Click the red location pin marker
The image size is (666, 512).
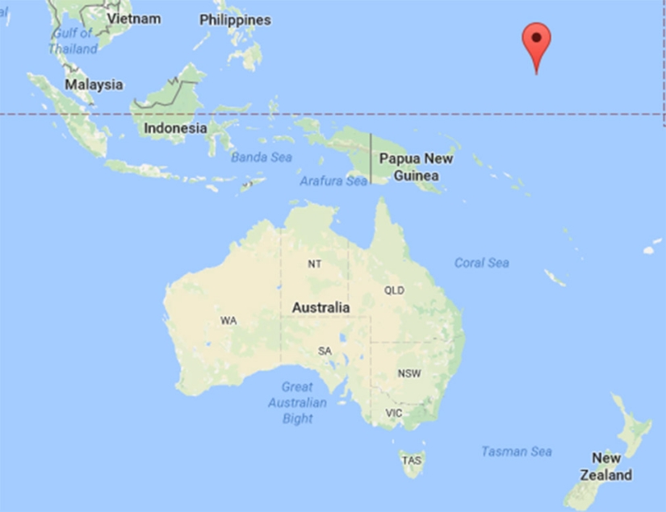[x=537, y=40]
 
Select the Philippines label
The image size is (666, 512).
[x=235, y=19]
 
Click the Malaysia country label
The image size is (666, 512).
[x=94, y=84]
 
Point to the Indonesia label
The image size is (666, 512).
[x=175, y=128]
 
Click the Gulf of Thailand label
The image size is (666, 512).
[x=73, y=41]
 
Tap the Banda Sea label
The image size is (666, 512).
[x=262, y=157]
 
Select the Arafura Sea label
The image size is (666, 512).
[x=333, y=181]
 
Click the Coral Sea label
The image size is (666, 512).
[x=482, y=263]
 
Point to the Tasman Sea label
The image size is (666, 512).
[x=517, y=452]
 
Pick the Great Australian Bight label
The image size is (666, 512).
[x=298, y=402]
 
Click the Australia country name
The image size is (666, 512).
[x=321, y=307]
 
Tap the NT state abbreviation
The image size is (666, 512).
[x=314, y=264]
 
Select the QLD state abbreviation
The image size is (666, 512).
[x=394, y=290]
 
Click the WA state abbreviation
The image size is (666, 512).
[x=228, y=321]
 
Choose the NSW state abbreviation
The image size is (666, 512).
[x=408, y=373]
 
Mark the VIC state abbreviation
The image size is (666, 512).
[x=393, y=414]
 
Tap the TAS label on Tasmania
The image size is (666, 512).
[x=411, y=460]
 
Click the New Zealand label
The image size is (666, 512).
[x=610, y=466]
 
